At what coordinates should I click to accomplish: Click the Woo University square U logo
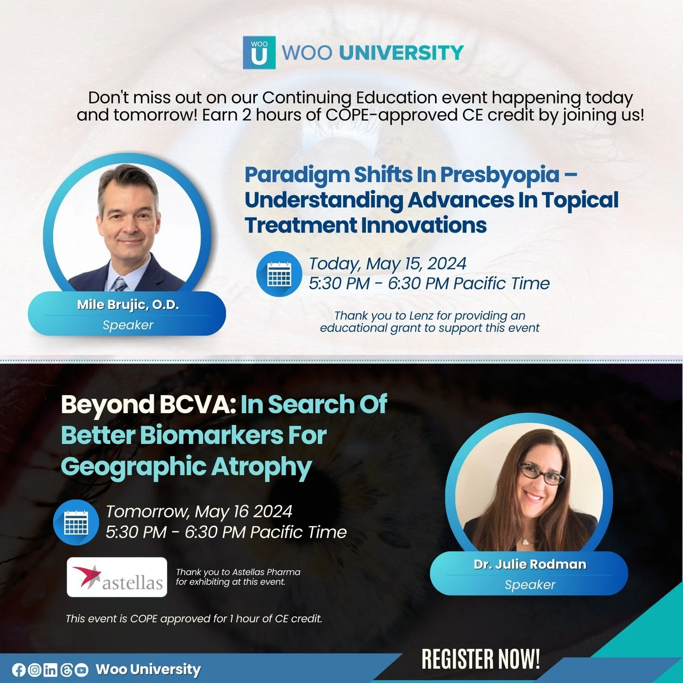[x=259, y=53]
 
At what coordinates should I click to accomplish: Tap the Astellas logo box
[x=117, y=577]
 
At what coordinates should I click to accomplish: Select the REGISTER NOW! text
[x=480, y=659]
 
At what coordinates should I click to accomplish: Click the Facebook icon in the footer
[x=19, y=670]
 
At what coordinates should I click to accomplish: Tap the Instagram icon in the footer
[x=35, y=670]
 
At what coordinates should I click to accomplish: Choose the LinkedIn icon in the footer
[x=50, y=670]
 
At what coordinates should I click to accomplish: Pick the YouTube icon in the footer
[x=82, y=670]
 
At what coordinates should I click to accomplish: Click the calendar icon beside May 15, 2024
[x=279, y=274]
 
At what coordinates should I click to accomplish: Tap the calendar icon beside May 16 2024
[x=76, y=522]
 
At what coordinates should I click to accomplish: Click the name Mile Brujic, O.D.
[x=128, y=305]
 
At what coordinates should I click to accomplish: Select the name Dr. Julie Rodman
[x=530, y=564]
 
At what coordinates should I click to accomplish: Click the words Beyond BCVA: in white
[x=148, y=405]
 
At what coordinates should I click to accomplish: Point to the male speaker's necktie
[x=119, y=284]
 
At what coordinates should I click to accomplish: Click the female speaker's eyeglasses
[x=541, y=473]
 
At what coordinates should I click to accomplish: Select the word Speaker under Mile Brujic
[x=128, y=325]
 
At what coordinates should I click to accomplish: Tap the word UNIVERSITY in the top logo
[x=401, y=53]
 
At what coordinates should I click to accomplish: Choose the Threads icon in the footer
[x=66, y=670]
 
